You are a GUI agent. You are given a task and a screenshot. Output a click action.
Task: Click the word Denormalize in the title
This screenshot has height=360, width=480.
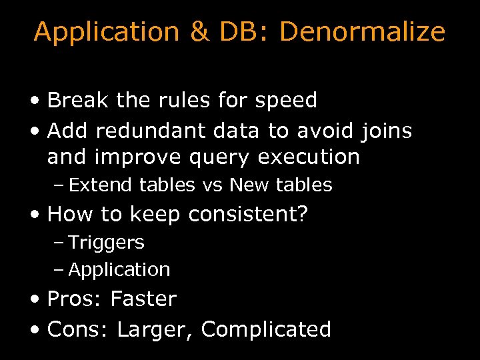pos(362,32)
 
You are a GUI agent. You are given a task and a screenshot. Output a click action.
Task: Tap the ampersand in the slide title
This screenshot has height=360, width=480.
pos(199,32)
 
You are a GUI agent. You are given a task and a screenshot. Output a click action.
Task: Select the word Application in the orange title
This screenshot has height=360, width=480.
pos(106,32)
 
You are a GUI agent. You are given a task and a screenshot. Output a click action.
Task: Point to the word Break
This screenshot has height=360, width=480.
pos(79,101)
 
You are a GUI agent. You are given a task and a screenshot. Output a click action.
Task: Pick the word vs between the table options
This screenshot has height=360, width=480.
pos(213,185)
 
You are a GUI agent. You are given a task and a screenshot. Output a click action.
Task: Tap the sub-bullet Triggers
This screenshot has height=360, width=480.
pos(106,243)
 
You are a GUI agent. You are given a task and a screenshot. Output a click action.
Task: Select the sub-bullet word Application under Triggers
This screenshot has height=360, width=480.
pos(119,270)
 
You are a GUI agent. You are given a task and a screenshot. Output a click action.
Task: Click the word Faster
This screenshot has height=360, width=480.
pos(143,299)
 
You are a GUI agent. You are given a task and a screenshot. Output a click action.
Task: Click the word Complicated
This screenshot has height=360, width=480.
pos(266,329)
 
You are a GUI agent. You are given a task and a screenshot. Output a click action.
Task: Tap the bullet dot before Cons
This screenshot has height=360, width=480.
pos(35,329)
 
